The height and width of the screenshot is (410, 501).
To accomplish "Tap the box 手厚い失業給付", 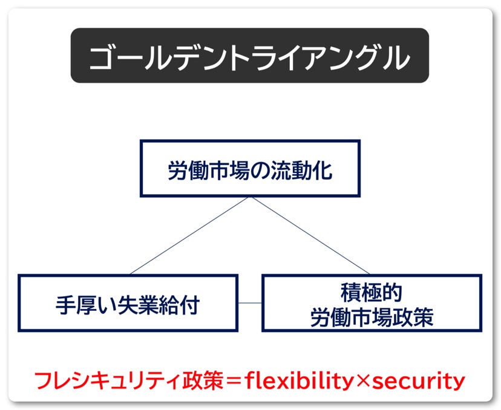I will click(127, 303).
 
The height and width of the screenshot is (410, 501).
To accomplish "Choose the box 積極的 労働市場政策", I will click(372, 303).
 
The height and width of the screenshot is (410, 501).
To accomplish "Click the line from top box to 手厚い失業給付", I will click(188, 236).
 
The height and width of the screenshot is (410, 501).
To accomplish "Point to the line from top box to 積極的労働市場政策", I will click(310, 236).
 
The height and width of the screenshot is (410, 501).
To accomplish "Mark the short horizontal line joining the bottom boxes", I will click(249, 302).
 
